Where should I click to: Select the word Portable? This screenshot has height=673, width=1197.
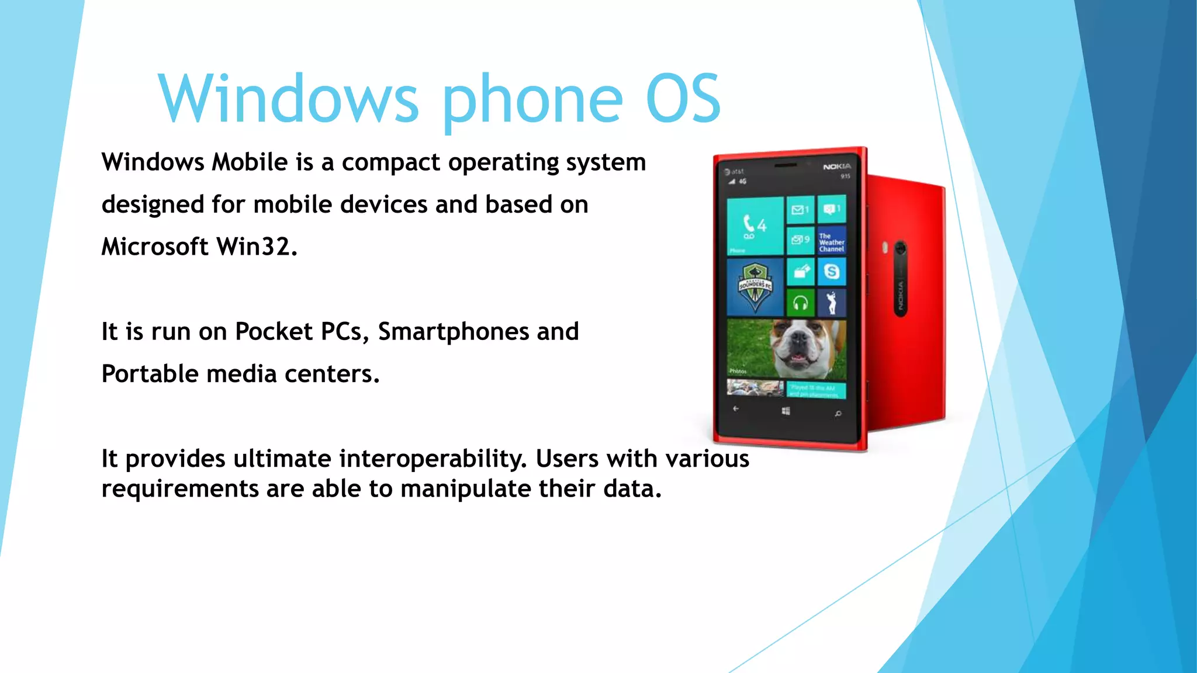[x=150, y=374]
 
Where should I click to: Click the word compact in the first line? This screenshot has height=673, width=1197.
[x=390, y=162]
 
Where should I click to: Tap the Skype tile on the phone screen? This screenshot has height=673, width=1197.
[x=831, y=271]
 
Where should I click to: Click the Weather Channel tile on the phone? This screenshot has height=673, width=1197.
[x=831, y=241]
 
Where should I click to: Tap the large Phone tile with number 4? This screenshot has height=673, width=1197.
[x=755, y=226]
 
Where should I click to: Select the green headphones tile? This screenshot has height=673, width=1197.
[x=800, y=303]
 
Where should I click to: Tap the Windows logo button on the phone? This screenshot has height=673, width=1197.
[x=786, y=411]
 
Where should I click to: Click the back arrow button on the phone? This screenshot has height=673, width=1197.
[x=736, y=409]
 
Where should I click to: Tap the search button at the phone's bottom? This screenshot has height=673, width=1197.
[x=838, y=414]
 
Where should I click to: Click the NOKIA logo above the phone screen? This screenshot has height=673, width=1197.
[x=837, y=167]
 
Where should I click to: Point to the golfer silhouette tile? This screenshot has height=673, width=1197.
[x=831, y=303]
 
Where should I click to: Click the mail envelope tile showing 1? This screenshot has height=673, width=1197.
[x=800, y=210]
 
